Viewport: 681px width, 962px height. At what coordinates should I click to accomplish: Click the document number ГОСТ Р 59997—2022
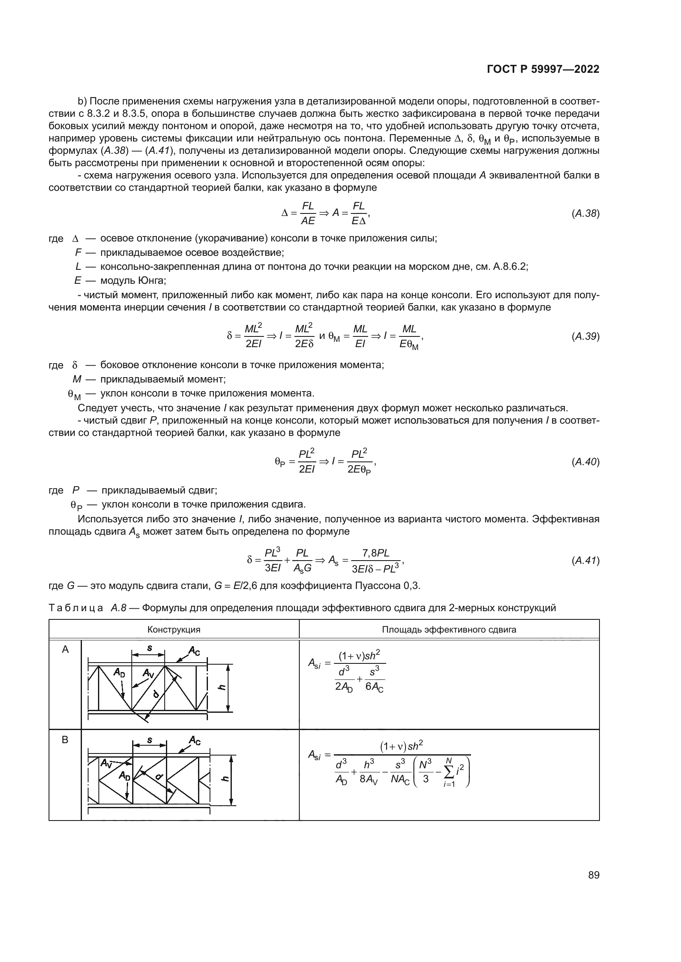pyautogui.click(x=543, y=70)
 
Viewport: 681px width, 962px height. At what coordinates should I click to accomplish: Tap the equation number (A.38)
pyautogui.click(x=585, y=213)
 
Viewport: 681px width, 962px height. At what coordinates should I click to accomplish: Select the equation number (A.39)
pyautogui.click(x=585, y=336)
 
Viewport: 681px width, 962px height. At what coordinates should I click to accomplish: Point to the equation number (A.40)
pyautogui.click(x=585, y=462)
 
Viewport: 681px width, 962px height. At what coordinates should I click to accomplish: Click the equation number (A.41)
pyautogui.click(x=585, y=560)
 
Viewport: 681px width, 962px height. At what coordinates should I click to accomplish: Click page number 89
pyautogui.click(x=593, y=875)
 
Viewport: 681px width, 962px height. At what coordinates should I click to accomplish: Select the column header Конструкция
pyautogui.click(x=174, y=629)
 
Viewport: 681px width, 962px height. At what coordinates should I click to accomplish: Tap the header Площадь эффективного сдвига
pyautogui.click(x=449, y=629)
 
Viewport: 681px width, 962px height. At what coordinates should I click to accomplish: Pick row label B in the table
pyautogui.click(x=65, y=740)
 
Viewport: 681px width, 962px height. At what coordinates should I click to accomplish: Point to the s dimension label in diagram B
pyautogui.click(x=150, y=740)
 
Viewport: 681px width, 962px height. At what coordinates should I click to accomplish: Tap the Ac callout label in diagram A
pyautogui.click(x=194, y=651)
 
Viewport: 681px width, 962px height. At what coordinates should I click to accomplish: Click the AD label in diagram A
pyautogui.click(x=119, y=672)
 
